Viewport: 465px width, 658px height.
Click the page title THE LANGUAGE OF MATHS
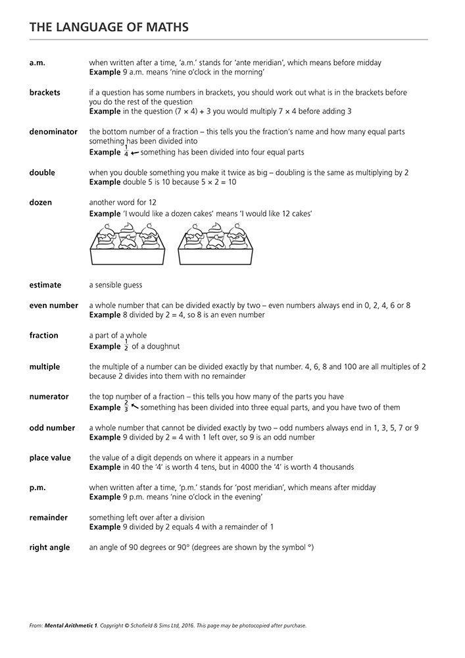[109, 27]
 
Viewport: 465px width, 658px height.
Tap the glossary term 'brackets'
[45, 92]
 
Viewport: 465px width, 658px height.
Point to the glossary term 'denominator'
[53, 132]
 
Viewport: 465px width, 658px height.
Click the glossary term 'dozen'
[40, 202]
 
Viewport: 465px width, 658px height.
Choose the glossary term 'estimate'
[45, 285]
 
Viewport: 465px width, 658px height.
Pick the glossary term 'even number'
[53, 305]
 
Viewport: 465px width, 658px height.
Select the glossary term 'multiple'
[45, 367]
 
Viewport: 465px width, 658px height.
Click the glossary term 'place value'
[50, 457]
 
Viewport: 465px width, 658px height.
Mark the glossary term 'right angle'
[49, 547]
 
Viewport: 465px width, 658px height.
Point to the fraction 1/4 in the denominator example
[126, 151]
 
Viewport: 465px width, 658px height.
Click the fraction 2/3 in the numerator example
[126, 407]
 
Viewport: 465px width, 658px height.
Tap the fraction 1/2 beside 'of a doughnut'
[126, 346]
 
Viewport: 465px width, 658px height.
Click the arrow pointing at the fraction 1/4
[135, 152]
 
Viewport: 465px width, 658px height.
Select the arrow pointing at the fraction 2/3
[135, 407]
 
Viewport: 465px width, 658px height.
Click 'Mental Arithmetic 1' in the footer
[62, 626]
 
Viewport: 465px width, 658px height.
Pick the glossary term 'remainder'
[48, 518]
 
